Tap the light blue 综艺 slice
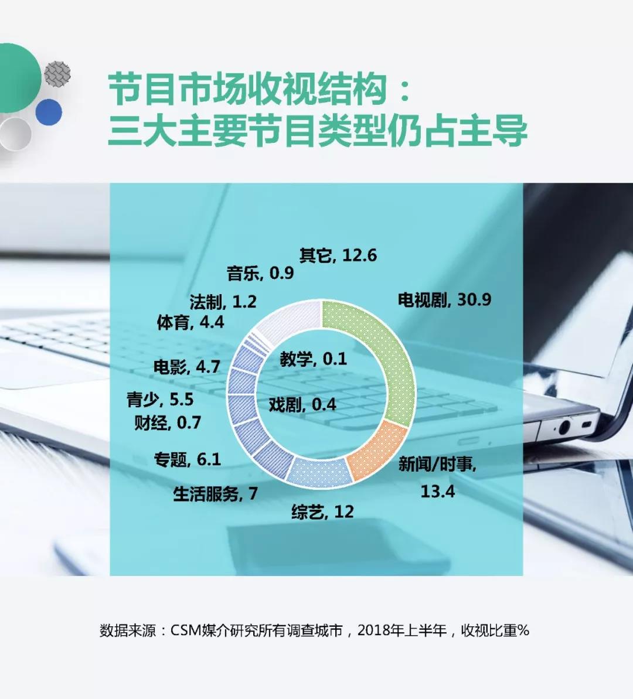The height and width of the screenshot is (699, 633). point(319,472)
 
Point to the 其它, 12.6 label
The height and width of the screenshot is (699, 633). point(338,255)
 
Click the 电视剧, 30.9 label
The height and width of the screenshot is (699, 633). point(444,299)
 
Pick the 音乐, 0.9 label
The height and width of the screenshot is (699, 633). point(260,273)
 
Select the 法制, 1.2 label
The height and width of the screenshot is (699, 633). point(223,302)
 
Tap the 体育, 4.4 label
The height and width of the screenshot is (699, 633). point(190,322)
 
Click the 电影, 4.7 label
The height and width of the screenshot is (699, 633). point(187,366)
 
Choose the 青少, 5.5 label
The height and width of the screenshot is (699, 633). point(160,400)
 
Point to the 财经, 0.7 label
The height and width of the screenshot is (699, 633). point(168,422)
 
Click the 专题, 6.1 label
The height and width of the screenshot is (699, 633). point(188,459)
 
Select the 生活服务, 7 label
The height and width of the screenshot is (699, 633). point(216,493)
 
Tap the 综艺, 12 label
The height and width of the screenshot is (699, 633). point(322,512)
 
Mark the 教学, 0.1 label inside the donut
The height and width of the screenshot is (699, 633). point(313,359)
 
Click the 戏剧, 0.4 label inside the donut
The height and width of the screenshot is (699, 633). point(302,404)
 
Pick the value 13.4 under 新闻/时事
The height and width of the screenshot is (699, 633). point(438,491)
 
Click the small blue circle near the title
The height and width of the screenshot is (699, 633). point(49,112)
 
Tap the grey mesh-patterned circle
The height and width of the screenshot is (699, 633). point(57,74)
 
